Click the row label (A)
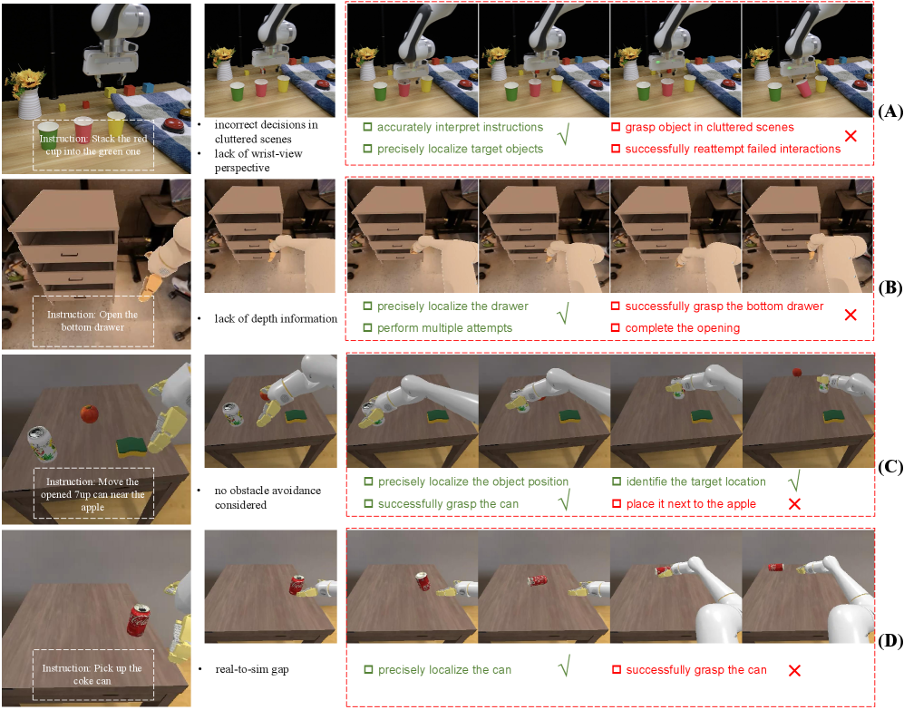[x=890, y=112]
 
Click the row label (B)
[x=890, y=287]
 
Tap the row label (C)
[x=890, y=467]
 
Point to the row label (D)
[x=890, y=641]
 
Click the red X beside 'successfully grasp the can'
[x=794, y=671]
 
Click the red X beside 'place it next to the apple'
[x=794, y=504]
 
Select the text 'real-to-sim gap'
[x=252, y=669]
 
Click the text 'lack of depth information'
[x=276, y=318]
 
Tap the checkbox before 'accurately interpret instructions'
[x=367, y=127]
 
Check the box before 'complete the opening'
[x=615, y=327]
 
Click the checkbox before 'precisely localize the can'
[x=368, y=670]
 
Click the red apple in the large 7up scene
[x=90, y=413]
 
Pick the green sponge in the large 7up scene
[x=132, y=446]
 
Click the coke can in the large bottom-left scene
[x=139, y=620]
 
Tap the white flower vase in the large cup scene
[x=28, y=103]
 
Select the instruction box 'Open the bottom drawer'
[x=93, y=321]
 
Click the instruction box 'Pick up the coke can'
[x=93, y=675]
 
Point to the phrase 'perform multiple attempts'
[x=444, y=328]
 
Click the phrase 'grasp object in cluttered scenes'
[x=709, y=128]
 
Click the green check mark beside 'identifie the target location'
[x=794, y=481]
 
